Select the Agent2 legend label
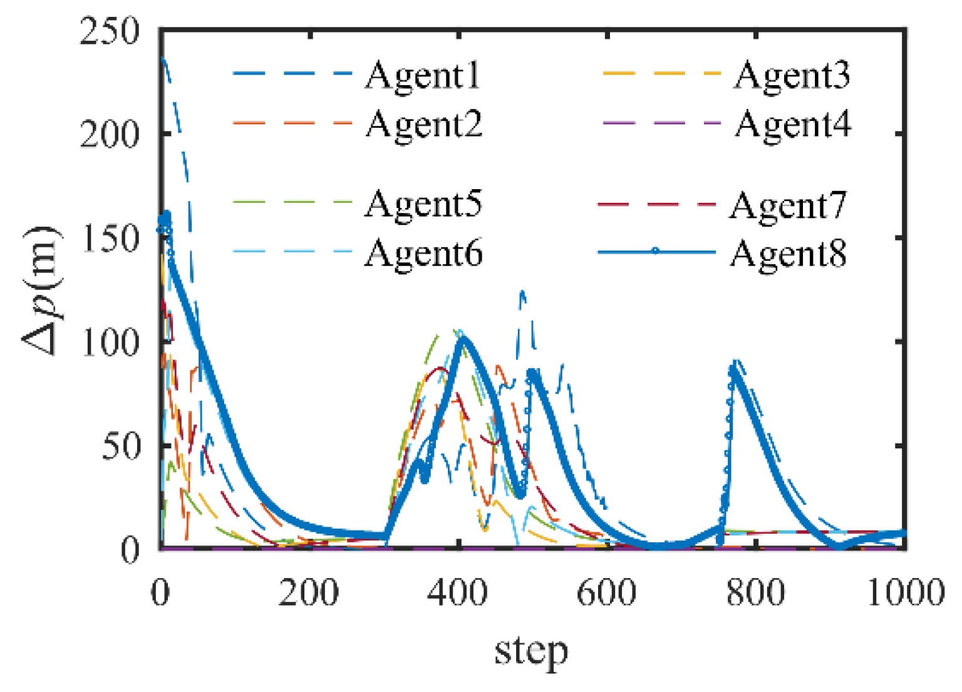point(424,124)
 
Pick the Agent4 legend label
point(793,124)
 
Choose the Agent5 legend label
point(423,204)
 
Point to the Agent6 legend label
point(423,254)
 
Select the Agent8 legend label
point(788,254)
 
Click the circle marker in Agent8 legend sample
point(655,252)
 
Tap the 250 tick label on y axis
point(110,31)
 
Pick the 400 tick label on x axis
point(458,592)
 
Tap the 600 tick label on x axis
point(606,592)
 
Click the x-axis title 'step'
point(531,651)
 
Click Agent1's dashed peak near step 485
point(522,291)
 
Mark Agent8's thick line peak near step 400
point(464,338)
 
